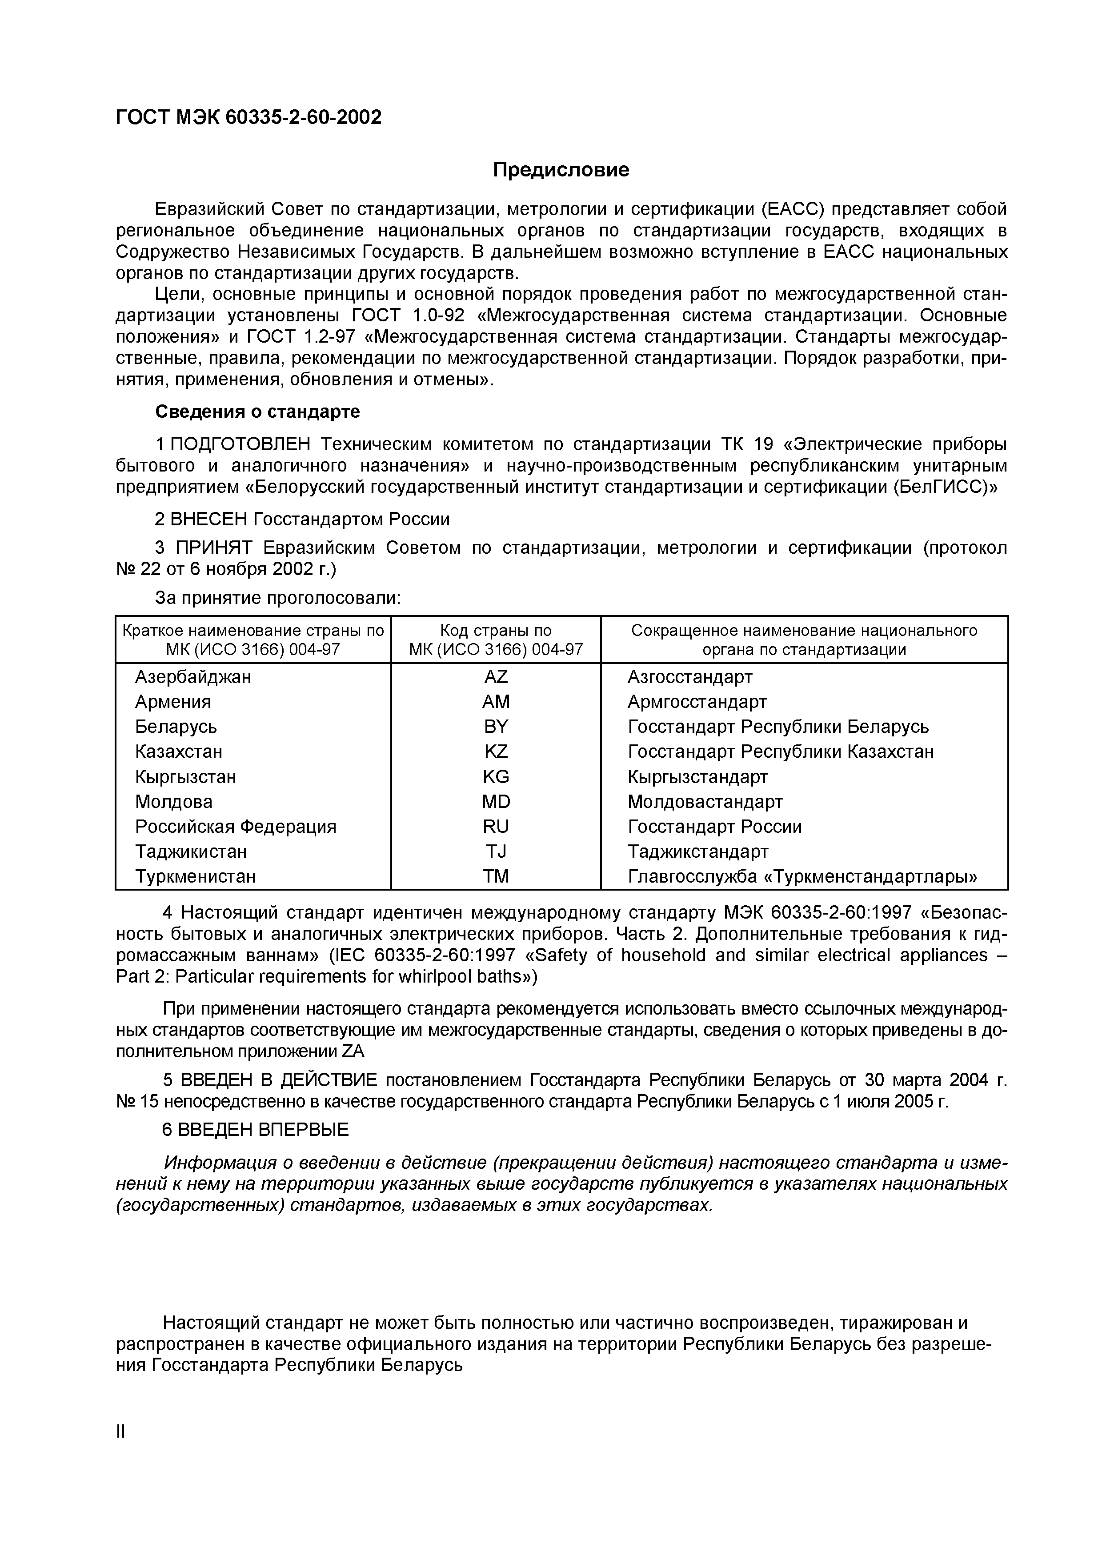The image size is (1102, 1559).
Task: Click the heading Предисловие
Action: click(x=561, y=169)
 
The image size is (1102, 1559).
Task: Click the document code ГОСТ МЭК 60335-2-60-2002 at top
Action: click(x=248, y=117)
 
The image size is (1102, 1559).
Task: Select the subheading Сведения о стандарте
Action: click(x=257, y=412)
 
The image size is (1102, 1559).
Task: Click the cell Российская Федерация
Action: click(x=236, y=826)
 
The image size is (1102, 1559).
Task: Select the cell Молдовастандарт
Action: click(x=705, y=802)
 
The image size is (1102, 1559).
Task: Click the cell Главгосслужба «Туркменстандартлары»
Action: click(x=802, y=876)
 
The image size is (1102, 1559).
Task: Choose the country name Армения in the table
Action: click(x=173, y=701)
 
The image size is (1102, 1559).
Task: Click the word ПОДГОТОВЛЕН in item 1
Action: click(x=240, y=444)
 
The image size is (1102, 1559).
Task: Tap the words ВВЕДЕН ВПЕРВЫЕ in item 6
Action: click(x=264, y=1130)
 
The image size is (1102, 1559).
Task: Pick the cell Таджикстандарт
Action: click(x=697, y=851)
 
